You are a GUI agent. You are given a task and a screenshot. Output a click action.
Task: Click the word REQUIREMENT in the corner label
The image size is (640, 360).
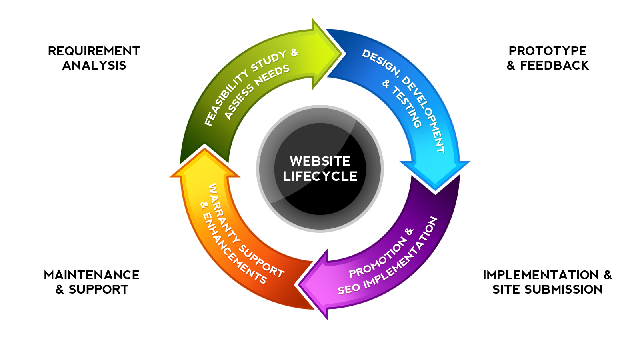pos(94,51)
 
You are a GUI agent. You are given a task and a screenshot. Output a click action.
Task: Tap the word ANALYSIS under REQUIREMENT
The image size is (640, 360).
pos(94,66)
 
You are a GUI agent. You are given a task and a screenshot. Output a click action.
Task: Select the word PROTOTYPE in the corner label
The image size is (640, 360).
pos(548,51)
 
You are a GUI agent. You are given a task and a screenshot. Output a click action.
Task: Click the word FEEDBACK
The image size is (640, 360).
pos(554,66)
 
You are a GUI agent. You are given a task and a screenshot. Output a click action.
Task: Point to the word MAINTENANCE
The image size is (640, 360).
pos(92,275)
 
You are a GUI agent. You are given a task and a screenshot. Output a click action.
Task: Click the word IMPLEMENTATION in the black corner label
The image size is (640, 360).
pos(541,275)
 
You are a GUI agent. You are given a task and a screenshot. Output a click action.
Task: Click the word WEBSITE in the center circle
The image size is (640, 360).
pos(320,161)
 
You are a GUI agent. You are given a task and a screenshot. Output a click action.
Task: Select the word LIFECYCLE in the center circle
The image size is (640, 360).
pos(320,176)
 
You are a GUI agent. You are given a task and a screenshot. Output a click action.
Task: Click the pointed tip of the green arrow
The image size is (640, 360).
pos(342,54)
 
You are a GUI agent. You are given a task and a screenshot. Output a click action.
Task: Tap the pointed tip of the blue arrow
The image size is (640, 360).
pos(435,190)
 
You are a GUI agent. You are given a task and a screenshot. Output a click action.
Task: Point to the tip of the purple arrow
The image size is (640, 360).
pos(298,285)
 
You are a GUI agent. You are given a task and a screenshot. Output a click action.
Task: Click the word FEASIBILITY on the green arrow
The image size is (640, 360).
pos(226,97)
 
